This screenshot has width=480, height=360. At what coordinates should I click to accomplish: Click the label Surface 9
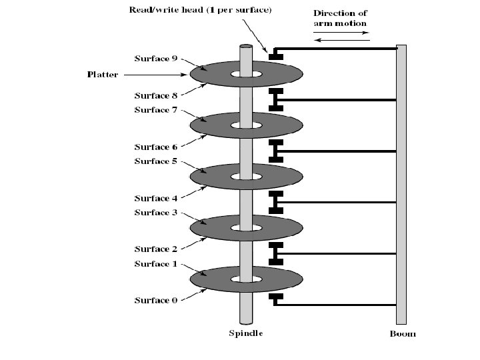(x=155, y=58)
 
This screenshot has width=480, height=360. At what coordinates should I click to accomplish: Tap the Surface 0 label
(x=155, y=301)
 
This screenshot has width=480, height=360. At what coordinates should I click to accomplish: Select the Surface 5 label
(x=155, y=161)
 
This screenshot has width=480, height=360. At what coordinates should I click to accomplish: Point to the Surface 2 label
(x=155, y=249)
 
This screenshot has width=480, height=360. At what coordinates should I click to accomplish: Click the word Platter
(x=103, y=74)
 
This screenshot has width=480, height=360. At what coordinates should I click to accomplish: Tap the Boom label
(x=402, y=333)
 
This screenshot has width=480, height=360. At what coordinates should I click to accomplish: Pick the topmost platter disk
(x=280, y=73)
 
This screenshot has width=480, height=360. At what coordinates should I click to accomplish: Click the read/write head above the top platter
(x=274, y=55)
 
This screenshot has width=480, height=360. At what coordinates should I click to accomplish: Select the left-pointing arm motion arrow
(x=341, y=41)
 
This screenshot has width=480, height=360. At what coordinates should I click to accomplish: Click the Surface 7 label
(x=155, y=110)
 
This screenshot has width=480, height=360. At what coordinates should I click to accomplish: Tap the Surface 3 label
(x=155, y=213)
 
